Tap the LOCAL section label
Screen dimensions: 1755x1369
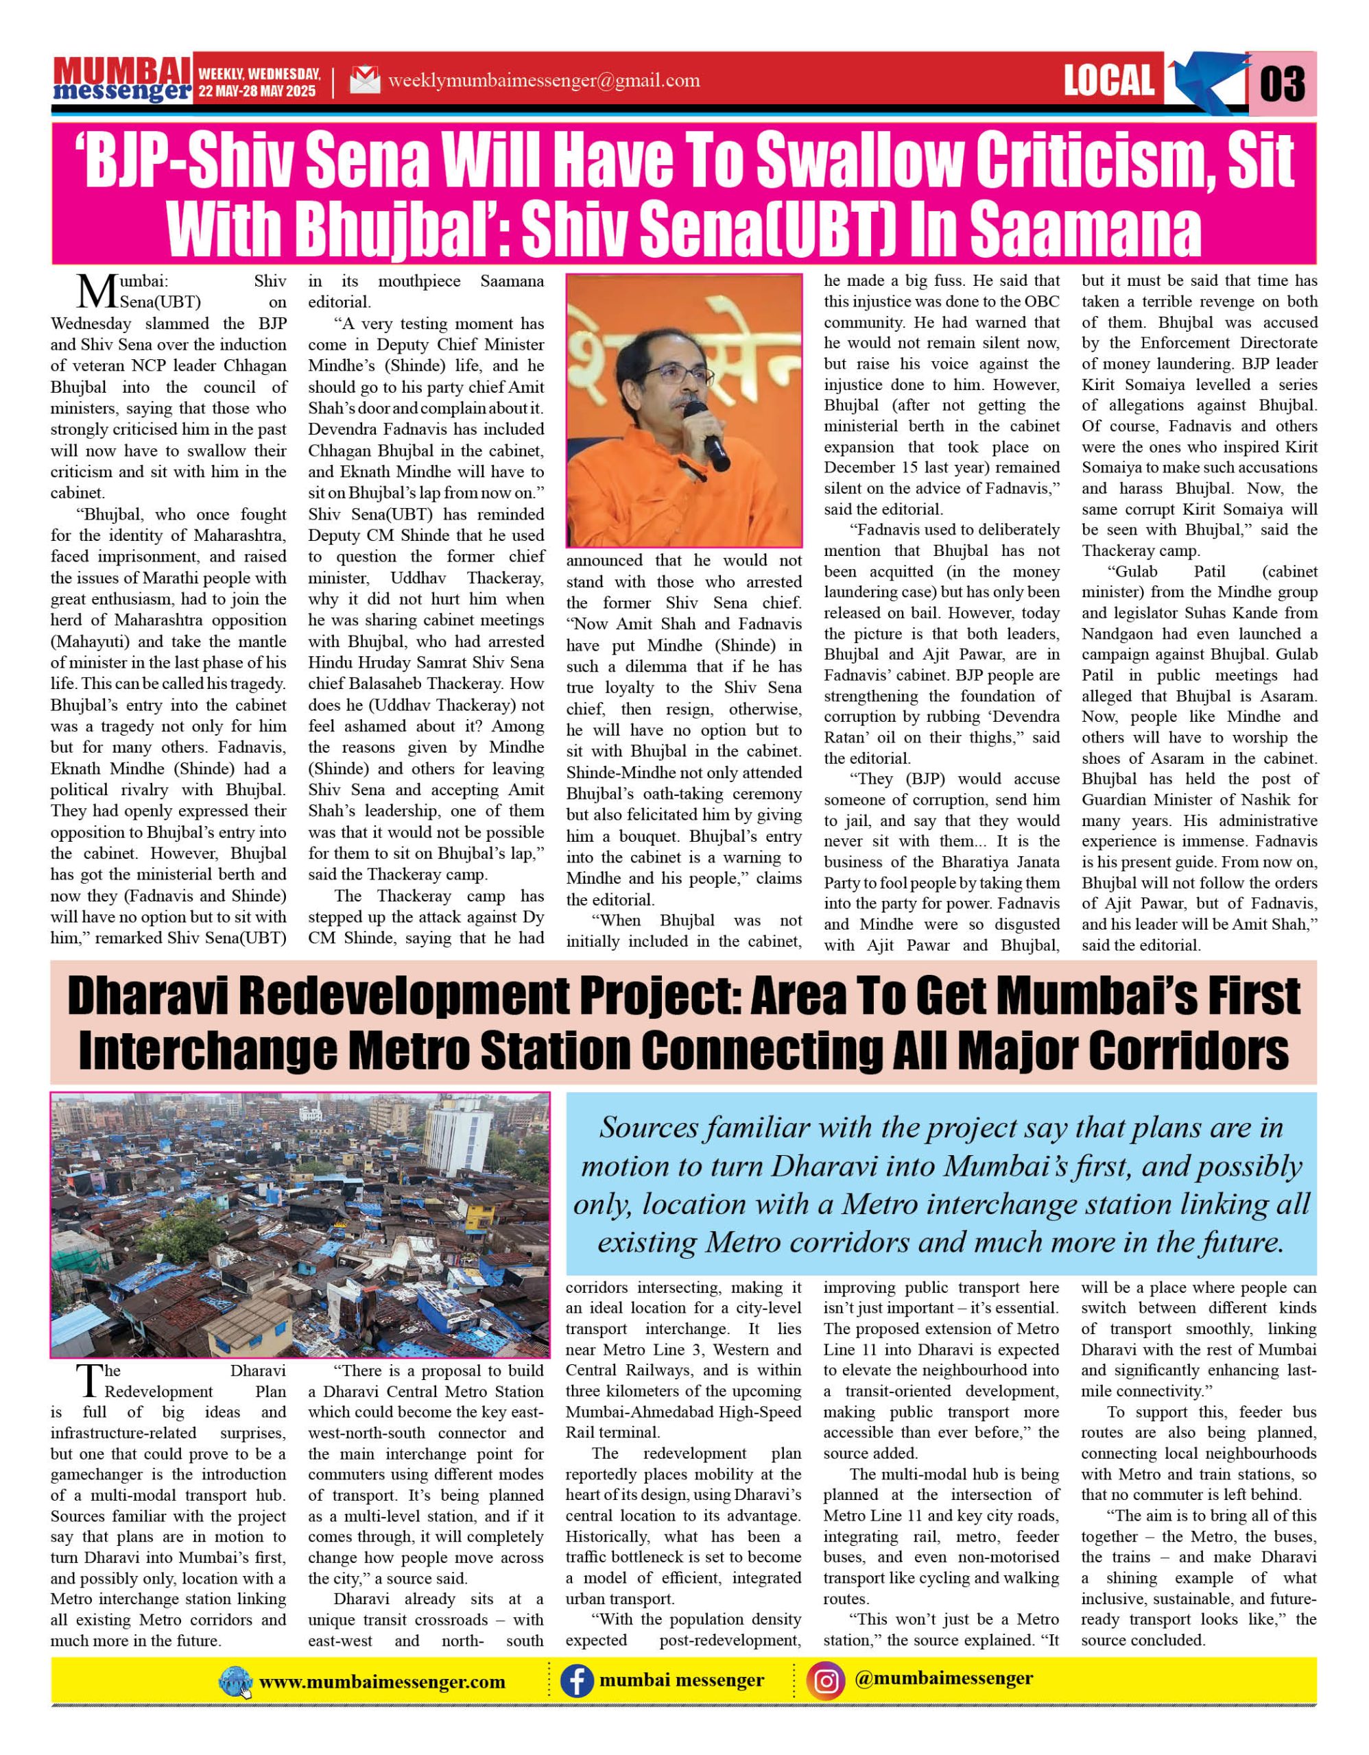point(1108,80)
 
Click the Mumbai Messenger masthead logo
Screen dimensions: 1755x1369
point(122,80)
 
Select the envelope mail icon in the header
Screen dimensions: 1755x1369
point(364,81)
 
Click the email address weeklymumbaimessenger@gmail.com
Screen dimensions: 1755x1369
point(543,81)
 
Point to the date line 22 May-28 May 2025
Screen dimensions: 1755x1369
point(258,92)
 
